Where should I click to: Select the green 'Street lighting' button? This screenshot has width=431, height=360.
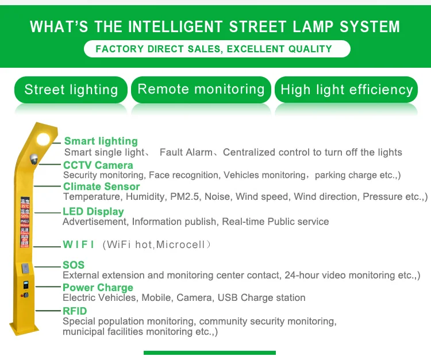pos(71,90)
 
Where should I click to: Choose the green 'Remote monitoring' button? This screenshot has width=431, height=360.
pos(201,90)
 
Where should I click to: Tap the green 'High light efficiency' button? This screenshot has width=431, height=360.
pos(347,90)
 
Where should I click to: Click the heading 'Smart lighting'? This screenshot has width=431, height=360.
pos(101,141)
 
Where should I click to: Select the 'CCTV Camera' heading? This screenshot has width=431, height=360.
pos(98,165)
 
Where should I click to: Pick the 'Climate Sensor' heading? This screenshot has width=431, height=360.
pos(101,187)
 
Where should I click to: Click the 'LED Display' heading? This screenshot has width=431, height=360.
pos(93,211)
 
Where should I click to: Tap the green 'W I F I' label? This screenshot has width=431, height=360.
pos(79,245)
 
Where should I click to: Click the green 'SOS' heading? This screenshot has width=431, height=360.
pos(74,265)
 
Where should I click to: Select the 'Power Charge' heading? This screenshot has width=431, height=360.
pos(98,288)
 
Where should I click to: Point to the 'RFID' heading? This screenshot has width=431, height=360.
pos(75,311)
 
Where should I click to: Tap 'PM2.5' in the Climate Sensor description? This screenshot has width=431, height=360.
pos(184,197)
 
